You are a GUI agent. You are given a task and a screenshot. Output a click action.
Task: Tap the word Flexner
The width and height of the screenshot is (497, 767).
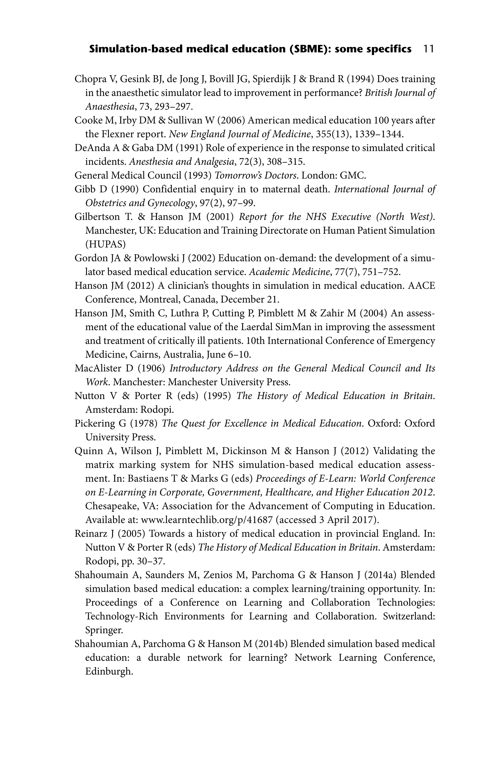pyautogui.click(x=115, y=134)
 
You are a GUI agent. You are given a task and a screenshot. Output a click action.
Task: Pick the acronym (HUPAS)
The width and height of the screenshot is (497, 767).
pyautogui.click(x=105, y=244)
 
